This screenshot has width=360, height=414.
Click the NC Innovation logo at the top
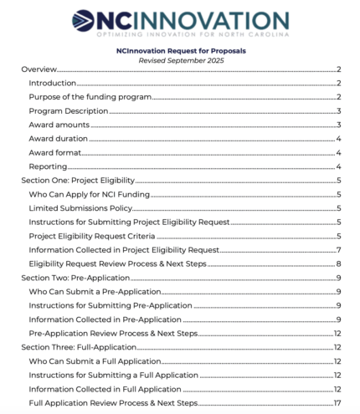180,22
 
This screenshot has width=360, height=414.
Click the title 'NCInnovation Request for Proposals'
181,51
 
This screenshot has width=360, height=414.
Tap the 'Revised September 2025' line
181,60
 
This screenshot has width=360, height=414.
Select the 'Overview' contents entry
40,72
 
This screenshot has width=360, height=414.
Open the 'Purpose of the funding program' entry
90,98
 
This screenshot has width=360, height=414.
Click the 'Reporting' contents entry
47,166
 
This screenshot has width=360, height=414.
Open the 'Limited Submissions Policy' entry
82,207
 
